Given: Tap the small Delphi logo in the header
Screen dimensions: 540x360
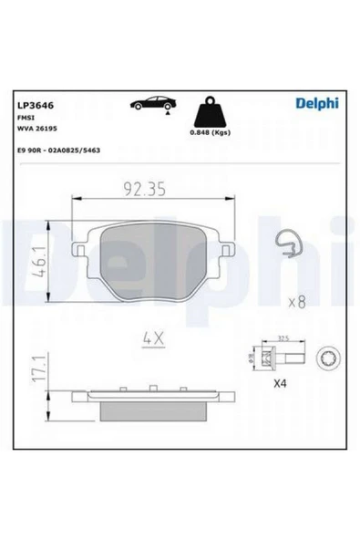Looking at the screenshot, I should [315, 103].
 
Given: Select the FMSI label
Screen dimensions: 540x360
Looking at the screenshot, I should [24, 118].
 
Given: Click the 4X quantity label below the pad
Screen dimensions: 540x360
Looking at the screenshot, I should [151, 338].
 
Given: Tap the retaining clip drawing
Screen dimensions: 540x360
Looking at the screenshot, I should [289, 243].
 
